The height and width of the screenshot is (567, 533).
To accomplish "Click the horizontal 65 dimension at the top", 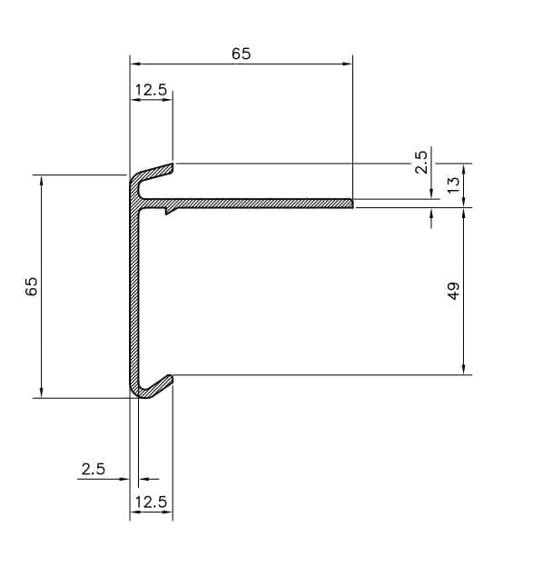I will (x=241, y=54).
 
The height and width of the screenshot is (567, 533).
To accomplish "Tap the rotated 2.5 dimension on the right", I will (x=420, y=163).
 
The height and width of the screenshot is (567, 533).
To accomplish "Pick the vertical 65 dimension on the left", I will (x=31, y=286).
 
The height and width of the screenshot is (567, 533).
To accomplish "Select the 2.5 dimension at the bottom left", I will (x=94, y=469).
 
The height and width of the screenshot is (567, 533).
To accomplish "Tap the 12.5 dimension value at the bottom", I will (x=151, y=502).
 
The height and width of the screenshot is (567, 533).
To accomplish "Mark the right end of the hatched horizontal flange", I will (x=350, y=203).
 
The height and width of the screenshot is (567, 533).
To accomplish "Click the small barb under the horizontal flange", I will (x=170, y=212).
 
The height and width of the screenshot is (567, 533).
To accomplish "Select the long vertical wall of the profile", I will (x=134, y=291).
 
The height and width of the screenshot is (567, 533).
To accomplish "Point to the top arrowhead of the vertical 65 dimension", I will (x=42, y=179).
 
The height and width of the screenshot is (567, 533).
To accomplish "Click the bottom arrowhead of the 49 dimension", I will (x=465, y=370).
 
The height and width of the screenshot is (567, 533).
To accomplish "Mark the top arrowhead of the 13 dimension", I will (x=465, y=168).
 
